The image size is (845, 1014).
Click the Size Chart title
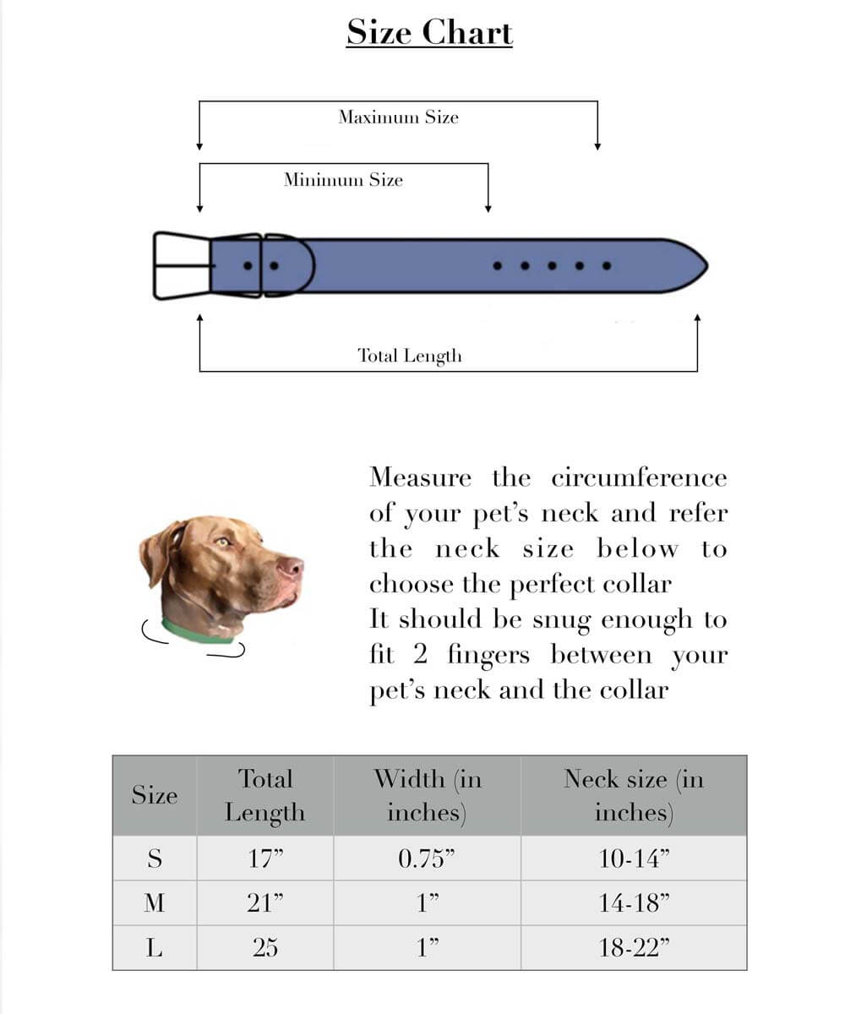pyautogui.click(x=429, y=33)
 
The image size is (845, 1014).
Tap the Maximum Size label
pyautogui.click(x=398, y=117)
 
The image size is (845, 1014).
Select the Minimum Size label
pyautogui.click(x=343, y=179)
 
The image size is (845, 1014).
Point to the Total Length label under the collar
pyautogui.click(x=410, y=356)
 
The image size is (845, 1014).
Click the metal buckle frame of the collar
pyautogui.click(x=181, y=265)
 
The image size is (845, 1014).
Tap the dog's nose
pyautogui.click(x=292, y=568)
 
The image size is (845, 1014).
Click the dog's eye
pyautogui.click(x=223, y=542)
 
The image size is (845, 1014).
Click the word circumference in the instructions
pyautogui.click(x=639, y=478)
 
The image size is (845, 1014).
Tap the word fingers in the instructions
pyautogui.click(x=489, y=655)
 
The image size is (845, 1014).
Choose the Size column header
pyautogui.click(x=155, y=795)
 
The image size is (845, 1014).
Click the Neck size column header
pyautogui.click(x=634, y=795)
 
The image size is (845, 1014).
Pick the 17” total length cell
pyautogui.click(x=264, y=859)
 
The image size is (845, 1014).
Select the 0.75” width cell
pyautogui.click(x=427, y=859)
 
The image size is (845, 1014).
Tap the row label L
pyautogui.click(x=155, y=948)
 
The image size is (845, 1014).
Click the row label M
pyautogui.click(x=155, y=903)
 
